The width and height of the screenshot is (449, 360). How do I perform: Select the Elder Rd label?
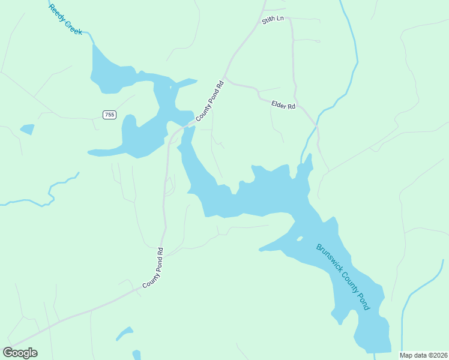click(284, 105)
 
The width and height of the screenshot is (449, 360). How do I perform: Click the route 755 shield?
click(109, 115)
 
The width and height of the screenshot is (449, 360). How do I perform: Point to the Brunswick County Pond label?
click(343, 277)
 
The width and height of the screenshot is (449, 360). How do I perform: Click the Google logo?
click(20, 353)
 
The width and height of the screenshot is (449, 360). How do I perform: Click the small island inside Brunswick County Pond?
click(299, 239)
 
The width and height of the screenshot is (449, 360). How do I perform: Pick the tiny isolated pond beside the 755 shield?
click(27, 129)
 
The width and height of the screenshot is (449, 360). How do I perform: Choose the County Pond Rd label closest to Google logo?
click(153, 268)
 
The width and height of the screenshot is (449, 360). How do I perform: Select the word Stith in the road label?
click(268, 22)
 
